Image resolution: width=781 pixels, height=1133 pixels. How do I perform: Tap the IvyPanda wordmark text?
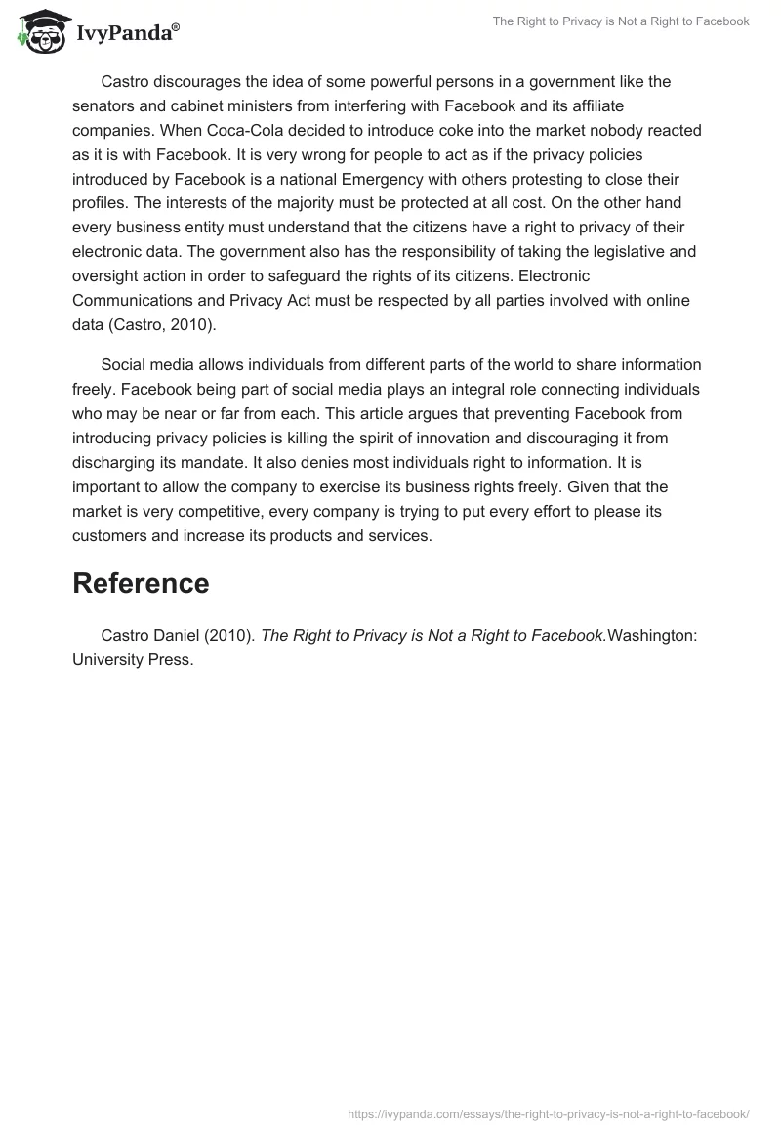tap(127, 33)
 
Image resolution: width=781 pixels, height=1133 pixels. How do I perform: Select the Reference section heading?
tap(141, 583)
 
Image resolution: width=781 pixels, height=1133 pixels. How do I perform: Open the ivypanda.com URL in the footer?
tap(549, 1113)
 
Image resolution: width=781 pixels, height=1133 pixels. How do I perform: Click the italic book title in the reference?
tap(432, 635)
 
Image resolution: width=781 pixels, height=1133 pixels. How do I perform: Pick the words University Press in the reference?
tap(132, 659)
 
